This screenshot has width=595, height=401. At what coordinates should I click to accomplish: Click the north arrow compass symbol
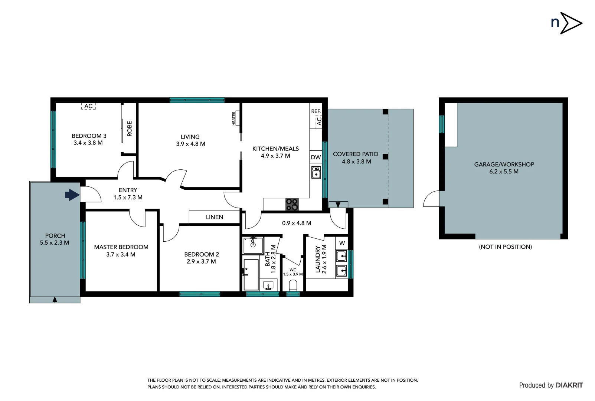571,23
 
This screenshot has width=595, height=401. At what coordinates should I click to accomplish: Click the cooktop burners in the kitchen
292,204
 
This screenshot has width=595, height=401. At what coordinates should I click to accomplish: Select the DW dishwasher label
316,157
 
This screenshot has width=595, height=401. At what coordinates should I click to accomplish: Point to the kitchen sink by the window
316,172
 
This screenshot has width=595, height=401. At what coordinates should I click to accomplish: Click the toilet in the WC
293,286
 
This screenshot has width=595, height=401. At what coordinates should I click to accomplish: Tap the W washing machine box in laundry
342,243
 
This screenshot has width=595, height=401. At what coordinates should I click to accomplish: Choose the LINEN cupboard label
215,217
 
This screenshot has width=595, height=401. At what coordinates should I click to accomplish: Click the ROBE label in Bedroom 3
130,128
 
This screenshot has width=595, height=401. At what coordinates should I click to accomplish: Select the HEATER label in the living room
234,118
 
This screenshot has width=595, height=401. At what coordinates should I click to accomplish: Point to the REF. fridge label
316,111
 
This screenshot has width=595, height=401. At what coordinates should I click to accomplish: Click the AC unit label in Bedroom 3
88,106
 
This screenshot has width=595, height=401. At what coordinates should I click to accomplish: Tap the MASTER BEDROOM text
121,247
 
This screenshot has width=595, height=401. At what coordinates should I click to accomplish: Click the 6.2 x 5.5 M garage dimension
504,172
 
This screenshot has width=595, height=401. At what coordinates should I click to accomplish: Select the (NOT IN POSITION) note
505,247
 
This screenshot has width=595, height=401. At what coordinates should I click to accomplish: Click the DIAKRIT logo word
569,385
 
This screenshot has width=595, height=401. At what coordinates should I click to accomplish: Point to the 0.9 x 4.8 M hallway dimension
297,223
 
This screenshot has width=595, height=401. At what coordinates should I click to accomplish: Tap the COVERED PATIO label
355,154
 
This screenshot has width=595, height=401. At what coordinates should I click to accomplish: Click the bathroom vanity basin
268,286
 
